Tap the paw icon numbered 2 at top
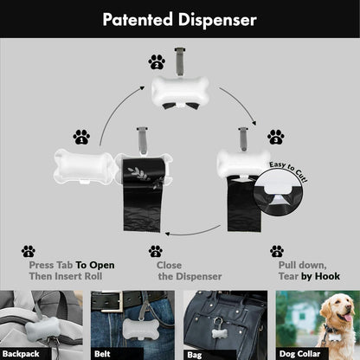[x=157, y=61]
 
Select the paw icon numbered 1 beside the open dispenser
[x=81, y=136]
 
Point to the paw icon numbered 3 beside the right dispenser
[x=275, y=136]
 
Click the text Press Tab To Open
[x=72, y=265]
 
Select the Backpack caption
[x=21, y=353]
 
